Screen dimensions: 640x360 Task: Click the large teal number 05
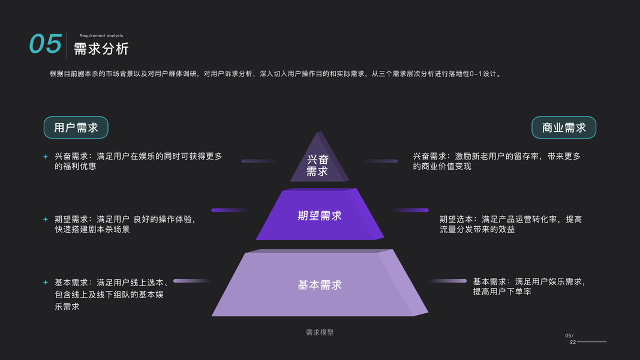point(46,44)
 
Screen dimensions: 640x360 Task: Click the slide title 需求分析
point(101,49)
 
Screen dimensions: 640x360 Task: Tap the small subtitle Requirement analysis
point(101,35)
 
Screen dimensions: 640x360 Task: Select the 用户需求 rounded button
point(76,128)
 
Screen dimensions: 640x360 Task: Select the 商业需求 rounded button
point(564,128)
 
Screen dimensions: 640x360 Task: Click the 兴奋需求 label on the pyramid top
point(317,165)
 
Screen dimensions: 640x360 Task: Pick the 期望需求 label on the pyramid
point(320,215)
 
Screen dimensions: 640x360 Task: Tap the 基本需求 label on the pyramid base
point(320,285)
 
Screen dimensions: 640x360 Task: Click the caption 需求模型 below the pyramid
point(320,332)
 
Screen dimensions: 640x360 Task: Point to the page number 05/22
point(570,338)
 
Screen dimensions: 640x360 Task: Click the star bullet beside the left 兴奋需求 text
point(45,157)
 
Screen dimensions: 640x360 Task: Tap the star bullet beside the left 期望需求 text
point(45,220)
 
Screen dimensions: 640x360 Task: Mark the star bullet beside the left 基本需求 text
point(45,282)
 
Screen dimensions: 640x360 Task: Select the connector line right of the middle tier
point(411,210)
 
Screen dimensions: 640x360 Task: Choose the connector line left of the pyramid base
point(191,281)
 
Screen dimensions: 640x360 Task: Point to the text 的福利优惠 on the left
point(76,166)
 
